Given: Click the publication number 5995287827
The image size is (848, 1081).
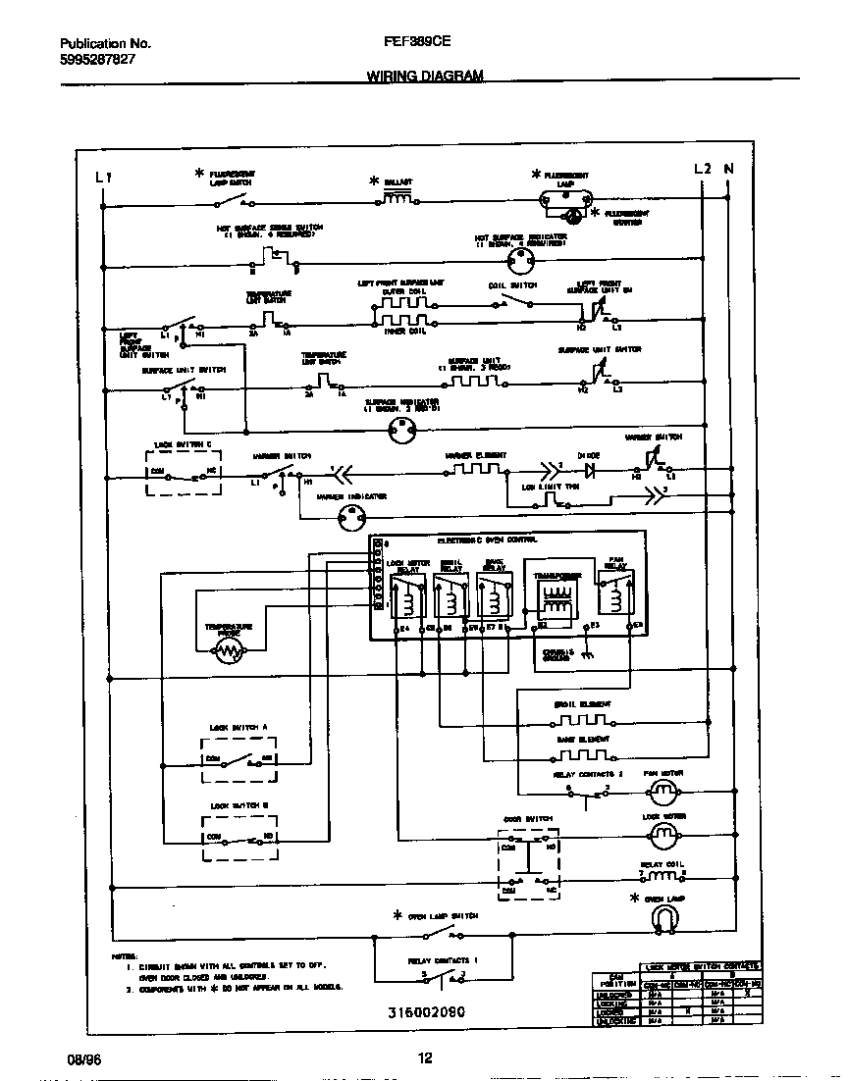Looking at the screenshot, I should tap(97, 59).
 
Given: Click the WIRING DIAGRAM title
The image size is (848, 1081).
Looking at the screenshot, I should tap(424, 76).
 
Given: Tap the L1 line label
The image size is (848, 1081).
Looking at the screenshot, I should tap(104, 178).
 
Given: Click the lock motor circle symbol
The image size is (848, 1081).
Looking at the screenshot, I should tap(663, 833).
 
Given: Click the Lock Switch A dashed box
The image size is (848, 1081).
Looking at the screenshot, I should tap(238, 759).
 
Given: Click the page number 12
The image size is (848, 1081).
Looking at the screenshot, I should tap(424, 1058).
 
